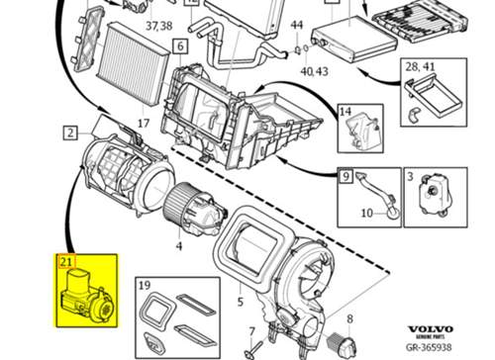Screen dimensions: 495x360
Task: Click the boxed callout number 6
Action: click(x=180, y=46)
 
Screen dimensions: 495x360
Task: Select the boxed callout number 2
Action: click(x=70, y=134)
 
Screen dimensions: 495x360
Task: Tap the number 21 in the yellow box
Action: click(x=66, y=262)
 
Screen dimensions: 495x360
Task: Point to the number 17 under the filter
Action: click(x=144, y=124)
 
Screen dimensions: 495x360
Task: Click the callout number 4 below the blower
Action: click(x=179, y=245)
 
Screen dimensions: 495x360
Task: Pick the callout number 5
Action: click(x=241, y=302)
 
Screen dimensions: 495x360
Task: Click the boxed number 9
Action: click(x=346, y=176)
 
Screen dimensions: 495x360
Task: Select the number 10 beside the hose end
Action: click(x=367, y=213)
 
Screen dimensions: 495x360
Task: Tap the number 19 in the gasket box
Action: click(x=145, y=285)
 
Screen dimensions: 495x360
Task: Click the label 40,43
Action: click(x=314, y=71)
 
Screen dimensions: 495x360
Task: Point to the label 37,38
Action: click(x=159, y=26)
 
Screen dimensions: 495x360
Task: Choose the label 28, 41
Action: click(x=420, y=67)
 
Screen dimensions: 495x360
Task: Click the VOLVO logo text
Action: click(x=431, y=329)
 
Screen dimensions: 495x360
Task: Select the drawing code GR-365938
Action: click(x=429, y=347)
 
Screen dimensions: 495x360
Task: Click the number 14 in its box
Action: click(x=346, y=112)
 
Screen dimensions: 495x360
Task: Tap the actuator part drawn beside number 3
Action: click(x=434, y=196)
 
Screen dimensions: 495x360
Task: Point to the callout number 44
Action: click(x=297, y=25)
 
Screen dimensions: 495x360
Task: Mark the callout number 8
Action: click(x=349, y=318)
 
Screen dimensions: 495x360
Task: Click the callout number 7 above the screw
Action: click(x=251, y=331)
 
